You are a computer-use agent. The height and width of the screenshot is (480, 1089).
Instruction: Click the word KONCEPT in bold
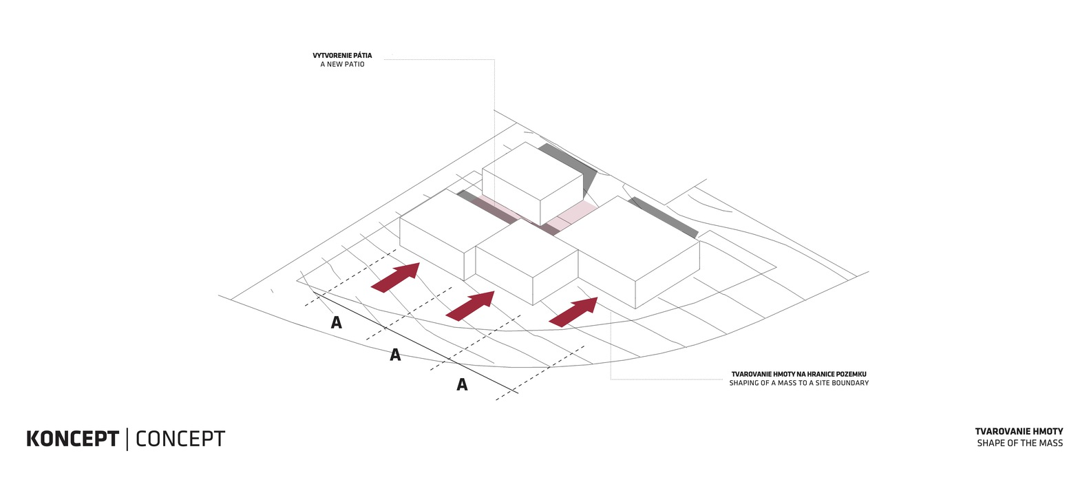tap(72, 439)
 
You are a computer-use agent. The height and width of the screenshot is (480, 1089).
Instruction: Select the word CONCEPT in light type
tap(180, 439)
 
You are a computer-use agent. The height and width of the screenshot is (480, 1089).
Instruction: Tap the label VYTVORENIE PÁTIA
tap(342, 55)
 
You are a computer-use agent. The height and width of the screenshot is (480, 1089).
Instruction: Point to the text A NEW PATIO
tap(342, 64)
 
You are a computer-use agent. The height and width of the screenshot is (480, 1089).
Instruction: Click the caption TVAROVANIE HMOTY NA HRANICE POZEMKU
tap(799, 374)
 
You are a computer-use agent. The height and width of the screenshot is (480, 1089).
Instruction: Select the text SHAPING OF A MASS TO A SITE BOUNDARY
tap(799, 383)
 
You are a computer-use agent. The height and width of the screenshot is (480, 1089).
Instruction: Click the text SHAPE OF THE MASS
tap(1019, 443)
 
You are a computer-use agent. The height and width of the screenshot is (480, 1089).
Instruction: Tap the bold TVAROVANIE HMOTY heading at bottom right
tap(1019, 431)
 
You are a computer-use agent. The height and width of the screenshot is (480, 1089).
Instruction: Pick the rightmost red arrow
tap(574, 311)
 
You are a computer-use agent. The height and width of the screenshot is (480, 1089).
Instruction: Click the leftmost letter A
tap(336, 322)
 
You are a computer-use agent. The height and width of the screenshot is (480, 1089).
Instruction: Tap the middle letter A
tap(395, 355)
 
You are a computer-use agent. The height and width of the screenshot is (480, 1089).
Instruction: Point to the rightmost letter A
tap(462, 384)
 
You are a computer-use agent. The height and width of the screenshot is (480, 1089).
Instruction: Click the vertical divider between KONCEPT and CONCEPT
tap(127, 439)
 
